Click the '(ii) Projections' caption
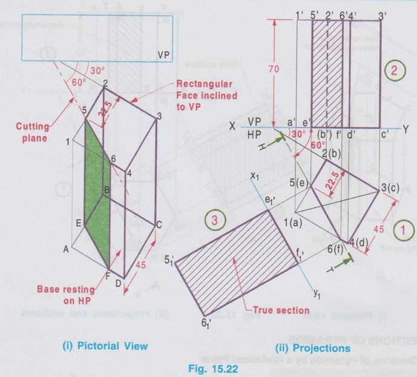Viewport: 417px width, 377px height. (x=312, y=349)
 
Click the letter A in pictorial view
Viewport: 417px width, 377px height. (x=67, y=247)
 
